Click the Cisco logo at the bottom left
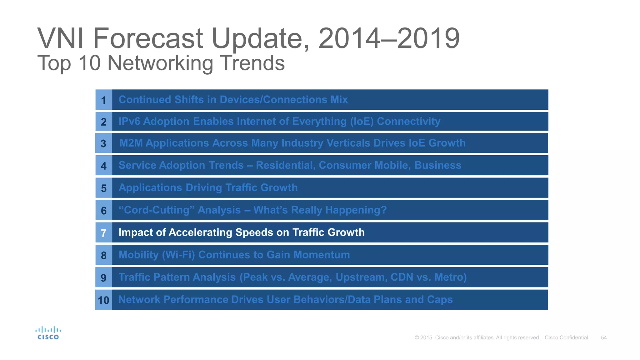point(48,333)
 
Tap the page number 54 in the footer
point(604,337)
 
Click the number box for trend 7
point(103,233)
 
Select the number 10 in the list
point(103,300)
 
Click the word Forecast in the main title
point(148,38)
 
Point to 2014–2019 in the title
point(389,38)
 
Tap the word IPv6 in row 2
point(129,121)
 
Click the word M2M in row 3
point(131,143)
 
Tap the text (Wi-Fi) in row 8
point(178,255)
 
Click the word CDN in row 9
point(402,277)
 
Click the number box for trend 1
point(103,100)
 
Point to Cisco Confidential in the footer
point(566,337)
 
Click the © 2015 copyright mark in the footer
point(423,337)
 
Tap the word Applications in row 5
point(150,188)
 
